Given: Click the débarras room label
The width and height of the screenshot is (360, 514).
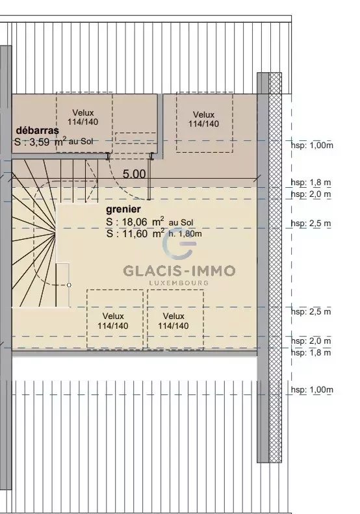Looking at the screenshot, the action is click(38, 130).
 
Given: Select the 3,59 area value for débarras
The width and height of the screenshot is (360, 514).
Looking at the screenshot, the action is click(39, 142).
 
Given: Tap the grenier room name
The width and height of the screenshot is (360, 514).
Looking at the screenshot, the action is click(123, 209).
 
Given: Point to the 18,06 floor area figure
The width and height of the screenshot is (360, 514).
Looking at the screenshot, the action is click(135, 222).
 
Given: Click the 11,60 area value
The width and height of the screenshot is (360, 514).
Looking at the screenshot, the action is click(135, 233).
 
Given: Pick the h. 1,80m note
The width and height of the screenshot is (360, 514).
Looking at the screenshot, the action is click(185, 234).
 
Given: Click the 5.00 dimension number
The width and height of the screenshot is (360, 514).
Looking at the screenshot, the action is click(134, 174).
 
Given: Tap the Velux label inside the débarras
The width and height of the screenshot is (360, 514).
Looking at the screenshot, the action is click(83, 117).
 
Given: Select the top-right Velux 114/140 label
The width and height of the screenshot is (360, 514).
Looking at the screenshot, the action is click(203, 119).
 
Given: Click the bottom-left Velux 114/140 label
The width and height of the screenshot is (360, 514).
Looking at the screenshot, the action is click(113, 320).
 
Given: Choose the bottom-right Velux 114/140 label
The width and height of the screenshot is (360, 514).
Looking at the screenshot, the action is click(174, 320).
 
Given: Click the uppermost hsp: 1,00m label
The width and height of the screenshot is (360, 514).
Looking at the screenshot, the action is click(312, 145).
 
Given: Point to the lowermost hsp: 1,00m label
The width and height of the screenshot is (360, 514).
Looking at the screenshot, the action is click(312, 390).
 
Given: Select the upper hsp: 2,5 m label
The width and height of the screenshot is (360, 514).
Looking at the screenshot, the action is click(311, 224).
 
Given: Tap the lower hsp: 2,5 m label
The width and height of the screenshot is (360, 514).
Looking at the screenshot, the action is click(311, 311).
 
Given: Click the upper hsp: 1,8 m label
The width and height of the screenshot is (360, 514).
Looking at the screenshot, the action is click(311, 183).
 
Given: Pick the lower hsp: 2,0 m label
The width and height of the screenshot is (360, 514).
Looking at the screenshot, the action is click(311, 341).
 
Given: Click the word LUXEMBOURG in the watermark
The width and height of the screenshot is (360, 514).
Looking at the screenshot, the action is click(179, 283).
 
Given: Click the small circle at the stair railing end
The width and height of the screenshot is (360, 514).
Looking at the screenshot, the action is click(69, 285).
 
